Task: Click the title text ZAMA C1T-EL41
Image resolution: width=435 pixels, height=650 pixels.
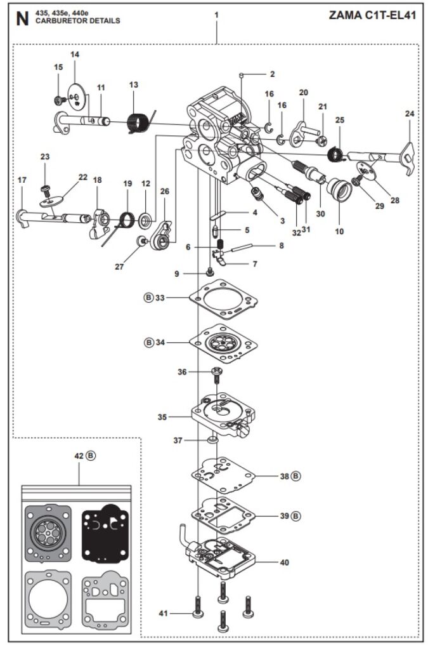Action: [x=372, y=15]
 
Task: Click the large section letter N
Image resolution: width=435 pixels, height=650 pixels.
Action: [x=22, y=18]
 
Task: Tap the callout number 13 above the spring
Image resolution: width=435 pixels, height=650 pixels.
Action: [x=133, y=84]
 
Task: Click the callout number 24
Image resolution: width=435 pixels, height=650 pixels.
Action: [x=409, y=113]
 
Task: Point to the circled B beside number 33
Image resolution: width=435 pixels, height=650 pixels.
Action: [x=149, y=297]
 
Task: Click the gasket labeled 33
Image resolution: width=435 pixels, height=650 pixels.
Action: [x=223, y=298]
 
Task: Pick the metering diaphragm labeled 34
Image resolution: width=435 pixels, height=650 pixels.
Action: [x=223, y=343]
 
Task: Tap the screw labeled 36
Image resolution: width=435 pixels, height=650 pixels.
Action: [x=217, y=375]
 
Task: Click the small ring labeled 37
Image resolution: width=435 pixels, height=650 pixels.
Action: [x=212, y=439]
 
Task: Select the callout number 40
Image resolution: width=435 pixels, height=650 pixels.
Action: [x=284, y=562]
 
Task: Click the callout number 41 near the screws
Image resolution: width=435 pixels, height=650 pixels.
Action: [x=163, y=613]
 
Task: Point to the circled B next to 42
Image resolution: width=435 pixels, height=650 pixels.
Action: [x=91, y=456]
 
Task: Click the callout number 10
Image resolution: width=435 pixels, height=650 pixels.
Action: [x=339, y=231]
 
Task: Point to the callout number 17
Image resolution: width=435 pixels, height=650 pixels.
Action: [x=22, y=180]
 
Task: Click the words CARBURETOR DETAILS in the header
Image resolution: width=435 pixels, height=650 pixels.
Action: [x=78, y=21]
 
